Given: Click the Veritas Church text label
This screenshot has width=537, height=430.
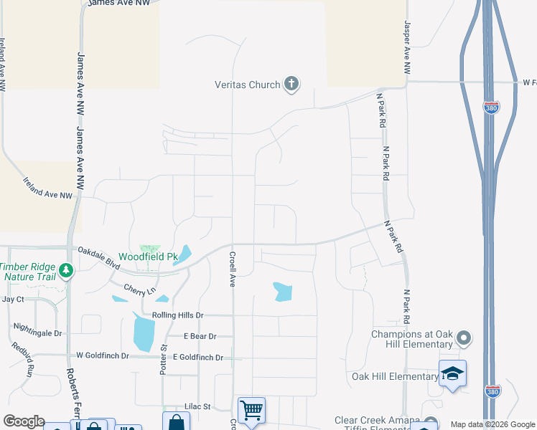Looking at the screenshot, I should (247, 85).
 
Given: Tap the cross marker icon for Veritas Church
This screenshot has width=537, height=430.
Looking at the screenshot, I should (291, 85).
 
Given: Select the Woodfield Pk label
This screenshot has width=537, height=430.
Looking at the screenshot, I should (147, 257).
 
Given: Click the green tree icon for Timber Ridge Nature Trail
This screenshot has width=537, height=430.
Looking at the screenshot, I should (67, 270).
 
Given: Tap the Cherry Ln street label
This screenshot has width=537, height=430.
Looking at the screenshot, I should (139, 290).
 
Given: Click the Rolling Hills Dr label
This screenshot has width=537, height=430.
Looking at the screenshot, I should (178, 315).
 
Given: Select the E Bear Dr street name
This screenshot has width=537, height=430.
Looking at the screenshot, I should (199, 336).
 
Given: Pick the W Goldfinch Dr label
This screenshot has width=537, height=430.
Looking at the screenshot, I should (103, 355).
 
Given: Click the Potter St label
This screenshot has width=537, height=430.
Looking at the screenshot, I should (163, 358).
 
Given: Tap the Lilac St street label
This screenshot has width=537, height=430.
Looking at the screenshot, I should (196, 406).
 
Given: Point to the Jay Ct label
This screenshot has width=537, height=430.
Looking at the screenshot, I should (13, 299).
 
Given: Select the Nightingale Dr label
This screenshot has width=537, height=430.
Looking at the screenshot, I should (37, 332).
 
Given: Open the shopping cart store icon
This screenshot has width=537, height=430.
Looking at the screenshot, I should (251, 411).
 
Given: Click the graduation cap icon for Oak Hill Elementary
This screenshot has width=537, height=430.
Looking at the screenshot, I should (452, 373).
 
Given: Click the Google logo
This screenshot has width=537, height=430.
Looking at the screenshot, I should (24, 421).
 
